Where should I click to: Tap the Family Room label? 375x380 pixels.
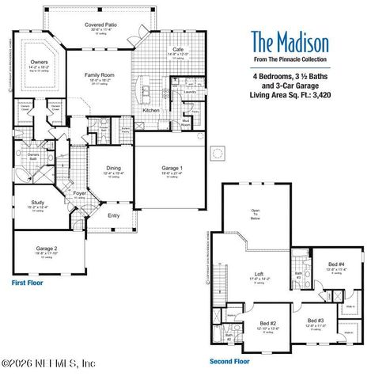coord(101,74)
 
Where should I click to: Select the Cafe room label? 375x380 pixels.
coord(178,49)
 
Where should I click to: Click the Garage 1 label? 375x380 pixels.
coord(172,168)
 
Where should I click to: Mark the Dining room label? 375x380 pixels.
coord(114,168)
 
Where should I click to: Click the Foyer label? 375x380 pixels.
coord(80,192)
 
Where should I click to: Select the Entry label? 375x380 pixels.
coord(114,215)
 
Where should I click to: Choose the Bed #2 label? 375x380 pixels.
coord(268,324)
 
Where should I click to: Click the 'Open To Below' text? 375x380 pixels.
coord(255,214)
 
